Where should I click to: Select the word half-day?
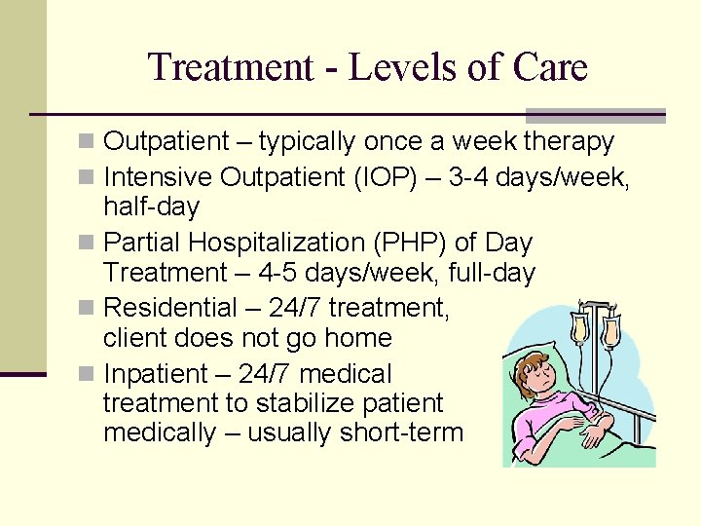click(151, 207)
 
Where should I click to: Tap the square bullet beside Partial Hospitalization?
click(91, 242)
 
